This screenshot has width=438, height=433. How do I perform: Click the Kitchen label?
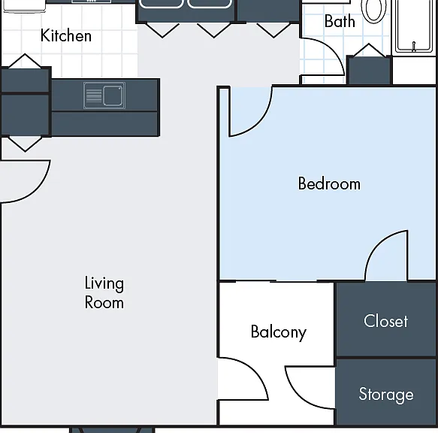coord(66,35)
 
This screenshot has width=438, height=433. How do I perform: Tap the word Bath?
coord(340,21)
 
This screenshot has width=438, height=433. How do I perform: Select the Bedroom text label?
coord(329,183)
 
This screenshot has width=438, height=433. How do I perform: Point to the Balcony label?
coord(279,332)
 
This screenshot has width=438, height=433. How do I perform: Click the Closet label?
coord(385,321)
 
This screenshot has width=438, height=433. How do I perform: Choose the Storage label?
coord(386,394)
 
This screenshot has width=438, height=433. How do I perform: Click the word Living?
coord(104,283)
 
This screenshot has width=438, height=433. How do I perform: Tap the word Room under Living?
coord(104,302)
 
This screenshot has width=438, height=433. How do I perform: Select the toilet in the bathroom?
coord(373,11)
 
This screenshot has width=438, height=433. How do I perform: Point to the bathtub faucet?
coord(414,47)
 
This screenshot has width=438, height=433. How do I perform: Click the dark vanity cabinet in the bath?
coord(370,70)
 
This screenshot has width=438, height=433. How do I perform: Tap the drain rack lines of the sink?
coord(94,95)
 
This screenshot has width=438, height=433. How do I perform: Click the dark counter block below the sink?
coord(105,124)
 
